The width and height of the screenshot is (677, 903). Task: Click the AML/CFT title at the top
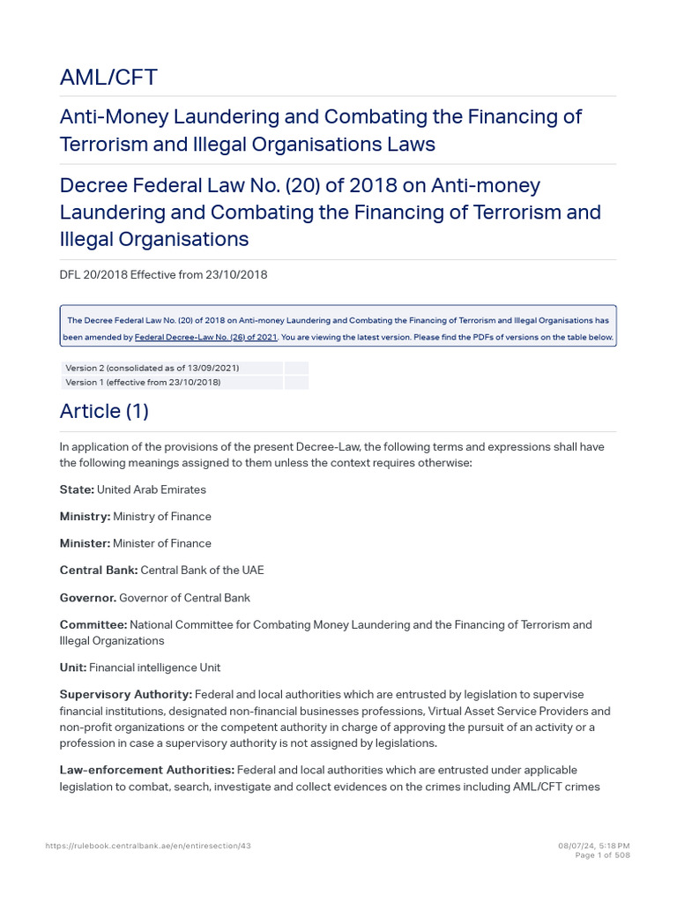click(108, 78)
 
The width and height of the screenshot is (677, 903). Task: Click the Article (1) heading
click(104, 411)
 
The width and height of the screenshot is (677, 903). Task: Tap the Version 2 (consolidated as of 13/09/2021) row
click(152, 368)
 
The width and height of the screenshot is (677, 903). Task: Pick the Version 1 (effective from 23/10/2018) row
click(144, 382)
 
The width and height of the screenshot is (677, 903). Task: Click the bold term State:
click(77, 489)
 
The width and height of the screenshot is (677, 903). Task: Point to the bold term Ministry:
click(85, 516)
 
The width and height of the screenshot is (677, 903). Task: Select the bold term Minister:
click(85, 543)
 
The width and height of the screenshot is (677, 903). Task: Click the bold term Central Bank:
click(99, 571)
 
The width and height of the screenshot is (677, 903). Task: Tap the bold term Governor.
click(88, 598)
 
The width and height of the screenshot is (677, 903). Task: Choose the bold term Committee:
click(93, 625)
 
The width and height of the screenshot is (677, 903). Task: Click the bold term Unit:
click(73, 668)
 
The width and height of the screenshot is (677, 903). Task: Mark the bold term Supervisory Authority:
click(125, 695)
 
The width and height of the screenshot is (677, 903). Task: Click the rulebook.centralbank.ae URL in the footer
click(148, 846)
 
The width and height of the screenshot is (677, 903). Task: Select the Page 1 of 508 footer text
click(602, 855)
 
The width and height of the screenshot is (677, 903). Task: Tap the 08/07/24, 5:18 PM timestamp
click(594, 846)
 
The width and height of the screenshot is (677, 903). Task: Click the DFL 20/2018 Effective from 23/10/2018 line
click(163, 274)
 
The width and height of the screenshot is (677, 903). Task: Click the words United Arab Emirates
click(151, 489)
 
